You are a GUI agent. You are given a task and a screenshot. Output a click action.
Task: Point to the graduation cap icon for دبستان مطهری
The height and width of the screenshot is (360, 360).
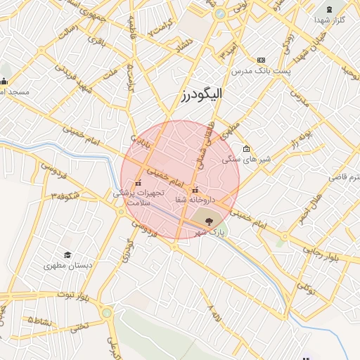[x=67, y=255]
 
